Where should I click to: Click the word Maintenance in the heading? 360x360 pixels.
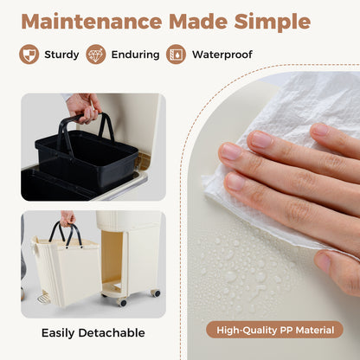[92, 22]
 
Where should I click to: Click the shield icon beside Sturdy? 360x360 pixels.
[29, 55]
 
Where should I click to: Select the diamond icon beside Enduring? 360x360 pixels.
[96, 55]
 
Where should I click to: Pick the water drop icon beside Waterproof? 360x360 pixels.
[176, 55]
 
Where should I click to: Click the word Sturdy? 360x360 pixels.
[61, 55]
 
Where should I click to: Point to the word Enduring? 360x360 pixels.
[135, 55]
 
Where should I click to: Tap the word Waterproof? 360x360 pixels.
[222, 55]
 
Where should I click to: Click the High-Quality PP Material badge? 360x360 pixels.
[274, 330]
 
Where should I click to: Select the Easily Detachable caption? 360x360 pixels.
[93, 333]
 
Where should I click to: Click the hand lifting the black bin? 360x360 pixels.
[83, 107]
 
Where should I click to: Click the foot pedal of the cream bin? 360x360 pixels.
[44, 298]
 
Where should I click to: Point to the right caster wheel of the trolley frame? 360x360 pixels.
[156, 293]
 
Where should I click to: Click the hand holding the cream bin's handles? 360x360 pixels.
[67, 218]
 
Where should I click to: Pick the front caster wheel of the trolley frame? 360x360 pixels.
[122, 302]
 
